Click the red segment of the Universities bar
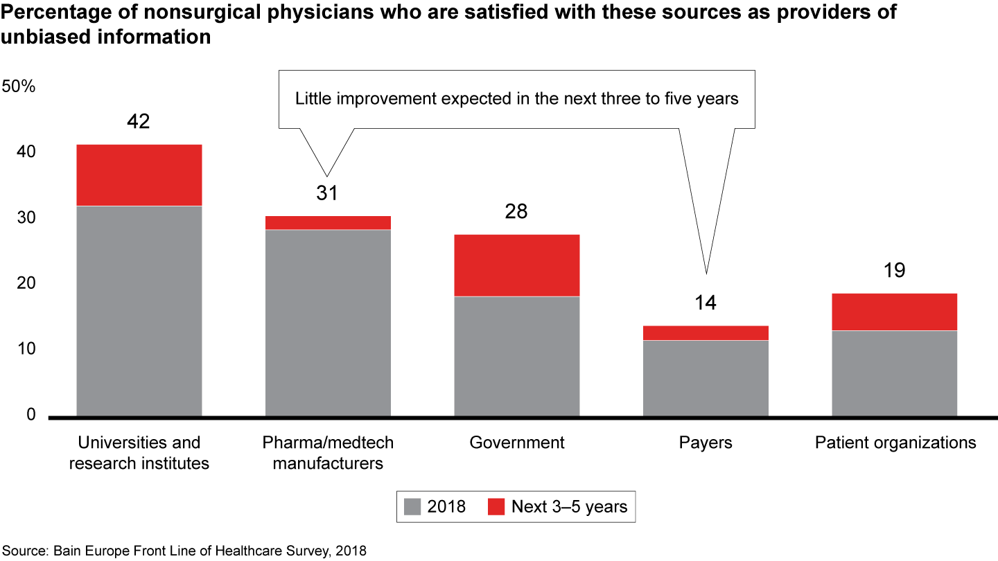139,175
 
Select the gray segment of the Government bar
516,356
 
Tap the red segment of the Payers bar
706,333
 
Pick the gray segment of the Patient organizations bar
894,373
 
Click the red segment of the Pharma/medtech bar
328,222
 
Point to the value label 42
139,122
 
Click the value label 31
327,193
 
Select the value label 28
516,211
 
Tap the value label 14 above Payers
706,303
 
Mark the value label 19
894,270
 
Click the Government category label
517,443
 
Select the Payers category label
706,443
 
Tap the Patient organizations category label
895,443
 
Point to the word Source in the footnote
24,551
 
